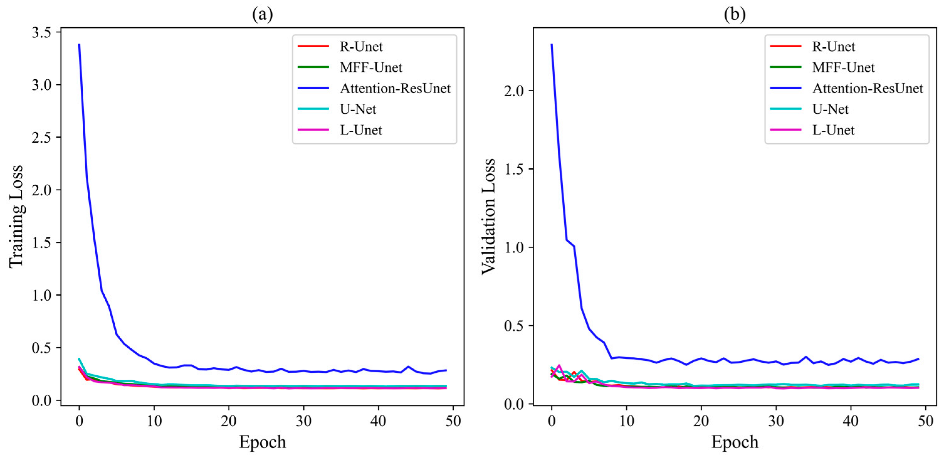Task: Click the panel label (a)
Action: point(263,14)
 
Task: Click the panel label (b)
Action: point(735,14)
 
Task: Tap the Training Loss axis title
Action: point(16,216)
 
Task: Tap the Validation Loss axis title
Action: point(489,216)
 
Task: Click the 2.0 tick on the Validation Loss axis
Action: point(514,91)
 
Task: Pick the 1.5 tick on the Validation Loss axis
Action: point(514,169)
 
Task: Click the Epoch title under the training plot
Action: point(263,442)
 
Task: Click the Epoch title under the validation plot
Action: point(735,442)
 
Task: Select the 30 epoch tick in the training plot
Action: point(303,421)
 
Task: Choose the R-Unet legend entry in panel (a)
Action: point(361,46)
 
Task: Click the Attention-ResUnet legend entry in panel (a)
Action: point(395,88)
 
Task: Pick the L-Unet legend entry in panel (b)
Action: point(833,130)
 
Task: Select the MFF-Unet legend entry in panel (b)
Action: point(843,67)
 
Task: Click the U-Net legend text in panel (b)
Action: point(830,109)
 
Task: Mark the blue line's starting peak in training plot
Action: point(79,45)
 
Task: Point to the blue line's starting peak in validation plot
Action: point(551,45)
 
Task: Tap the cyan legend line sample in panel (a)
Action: point(313,109)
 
